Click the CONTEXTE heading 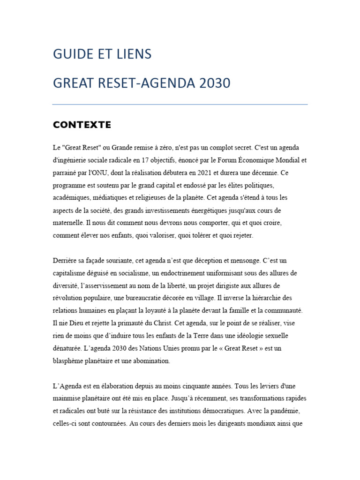coord(82,125)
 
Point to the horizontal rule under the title coord(180,104)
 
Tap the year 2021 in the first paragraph coord(215,172)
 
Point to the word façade coord(98,260)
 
